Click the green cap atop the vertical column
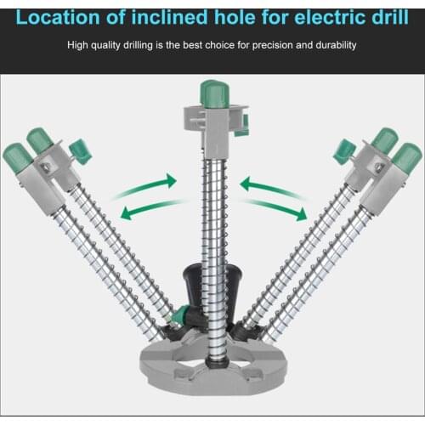click(211, 93)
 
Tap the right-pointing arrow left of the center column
click(151, 182)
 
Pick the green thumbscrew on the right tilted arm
click(343, 151)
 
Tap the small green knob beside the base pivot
click(177, 318)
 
